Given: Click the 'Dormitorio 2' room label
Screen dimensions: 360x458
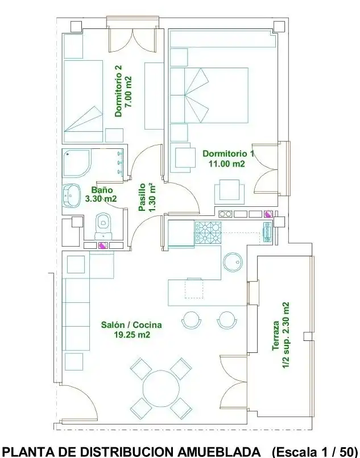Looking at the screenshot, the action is coord(118,91).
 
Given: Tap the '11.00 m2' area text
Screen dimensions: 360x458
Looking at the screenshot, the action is coord(227,164).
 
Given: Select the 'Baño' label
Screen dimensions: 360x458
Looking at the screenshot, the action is coord(102,190).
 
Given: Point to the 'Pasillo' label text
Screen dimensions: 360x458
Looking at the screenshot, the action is coord(142,197).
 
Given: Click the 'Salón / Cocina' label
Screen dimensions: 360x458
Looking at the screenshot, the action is coord(131,325).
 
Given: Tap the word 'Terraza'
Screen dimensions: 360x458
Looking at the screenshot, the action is coord(276,336).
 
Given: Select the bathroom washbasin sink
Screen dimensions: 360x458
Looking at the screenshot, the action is coord(71,195).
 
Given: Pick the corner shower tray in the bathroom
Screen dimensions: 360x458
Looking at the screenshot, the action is coord(77,163).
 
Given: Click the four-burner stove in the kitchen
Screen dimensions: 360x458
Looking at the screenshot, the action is coord(208,232).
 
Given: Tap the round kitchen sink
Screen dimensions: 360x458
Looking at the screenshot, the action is coord(233,261).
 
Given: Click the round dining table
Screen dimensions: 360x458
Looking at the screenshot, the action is coord(161,388).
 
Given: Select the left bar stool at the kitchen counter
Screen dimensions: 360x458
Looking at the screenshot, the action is coord(192,319).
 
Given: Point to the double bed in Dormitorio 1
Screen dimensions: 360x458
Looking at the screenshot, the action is coord(209,95).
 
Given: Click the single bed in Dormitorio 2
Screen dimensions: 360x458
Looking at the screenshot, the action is coord(84,101).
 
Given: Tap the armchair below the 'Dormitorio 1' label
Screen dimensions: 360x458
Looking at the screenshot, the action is coord(230,191).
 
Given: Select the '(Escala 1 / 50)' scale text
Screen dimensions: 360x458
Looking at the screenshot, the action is coord(315,452).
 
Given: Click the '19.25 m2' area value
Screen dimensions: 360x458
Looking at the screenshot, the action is coord(132,335).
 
